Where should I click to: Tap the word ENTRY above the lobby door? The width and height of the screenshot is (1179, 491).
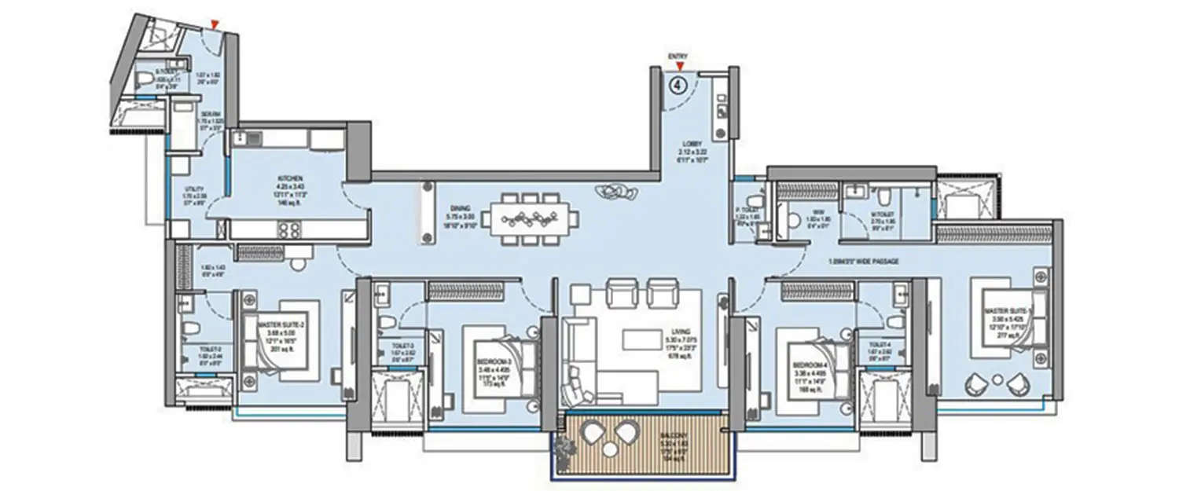(678, 57)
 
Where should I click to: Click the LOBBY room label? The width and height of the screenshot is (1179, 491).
(692, 144)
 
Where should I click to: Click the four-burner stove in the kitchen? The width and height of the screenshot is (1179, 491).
(289, 229)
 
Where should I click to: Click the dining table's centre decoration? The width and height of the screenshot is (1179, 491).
(530, 214)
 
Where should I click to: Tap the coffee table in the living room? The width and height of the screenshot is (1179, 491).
(642, 339)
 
